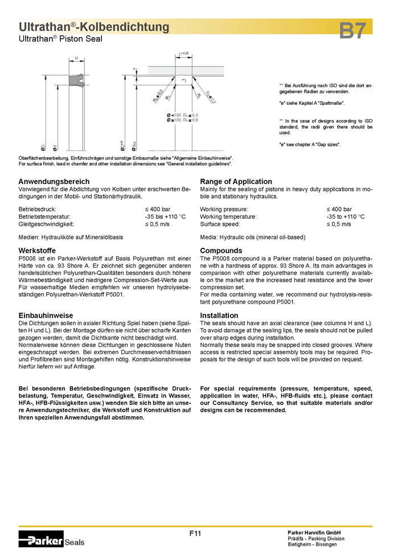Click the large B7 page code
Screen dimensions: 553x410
click(x=352, y=31)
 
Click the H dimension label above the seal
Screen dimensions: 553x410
click(x=76, y=58)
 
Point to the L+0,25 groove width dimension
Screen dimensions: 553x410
click(x=184, y=53)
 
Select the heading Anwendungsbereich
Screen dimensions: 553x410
click(x=54, y=182)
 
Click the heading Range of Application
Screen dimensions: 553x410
click(x=236, y=182)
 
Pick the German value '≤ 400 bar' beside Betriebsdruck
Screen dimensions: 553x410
click(x=158, y=209)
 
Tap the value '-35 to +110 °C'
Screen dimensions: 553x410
click(x=346, y=217)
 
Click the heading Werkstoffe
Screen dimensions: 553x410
click(x=38, y=251)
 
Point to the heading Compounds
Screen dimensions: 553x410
click(x=221, y=251)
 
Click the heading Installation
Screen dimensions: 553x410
click(x=219, y=316)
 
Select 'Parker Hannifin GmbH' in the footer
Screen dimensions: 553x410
click(x=314, y=532)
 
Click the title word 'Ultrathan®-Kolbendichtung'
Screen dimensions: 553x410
click(x=94, y=27)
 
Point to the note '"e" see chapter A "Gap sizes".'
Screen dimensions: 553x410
click(x=310, y=145)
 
